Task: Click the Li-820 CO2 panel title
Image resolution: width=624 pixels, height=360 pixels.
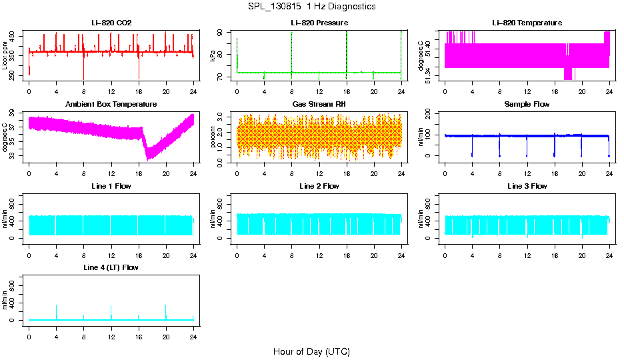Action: (111, 23)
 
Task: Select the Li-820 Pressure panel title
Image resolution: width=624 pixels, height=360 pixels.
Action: (319, 23)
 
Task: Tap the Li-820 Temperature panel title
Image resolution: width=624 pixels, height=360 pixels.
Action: (527, 23)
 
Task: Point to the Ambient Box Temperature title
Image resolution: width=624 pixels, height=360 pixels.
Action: (111, 104)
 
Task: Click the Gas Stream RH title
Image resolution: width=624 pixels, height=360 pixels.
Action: (319, 104)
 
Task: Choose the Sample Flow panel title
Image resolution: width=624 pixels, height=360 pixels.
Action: (527, 104)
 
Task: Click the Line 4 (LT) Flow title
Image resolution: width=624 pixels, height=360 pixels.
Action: (111, 267)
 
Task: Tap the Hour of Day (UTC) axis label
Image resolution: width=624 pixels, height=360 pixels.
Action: (311, 351)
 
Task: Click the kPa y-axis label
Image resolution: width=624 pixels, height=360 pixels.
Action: (213, 56)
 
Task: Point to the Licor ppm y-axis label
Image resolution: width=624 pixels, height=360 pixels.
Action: (5, 56)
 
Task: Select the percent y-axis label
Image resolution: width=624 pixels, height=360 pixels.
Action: (213, 137)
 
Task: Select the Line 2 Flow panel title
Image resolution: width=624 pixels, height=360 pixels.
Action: (319, 186)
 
